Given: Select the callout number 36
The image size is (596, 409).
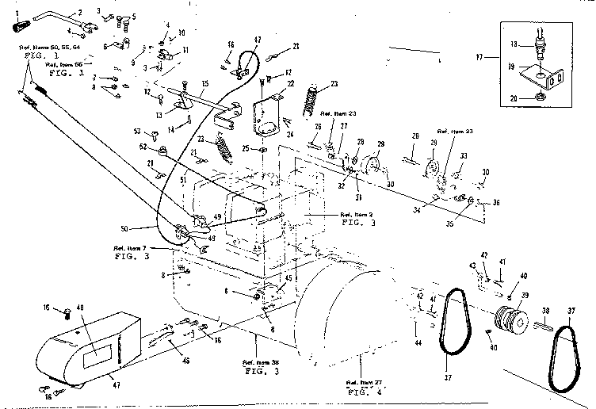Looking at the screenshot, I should (x=495, y=202).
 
